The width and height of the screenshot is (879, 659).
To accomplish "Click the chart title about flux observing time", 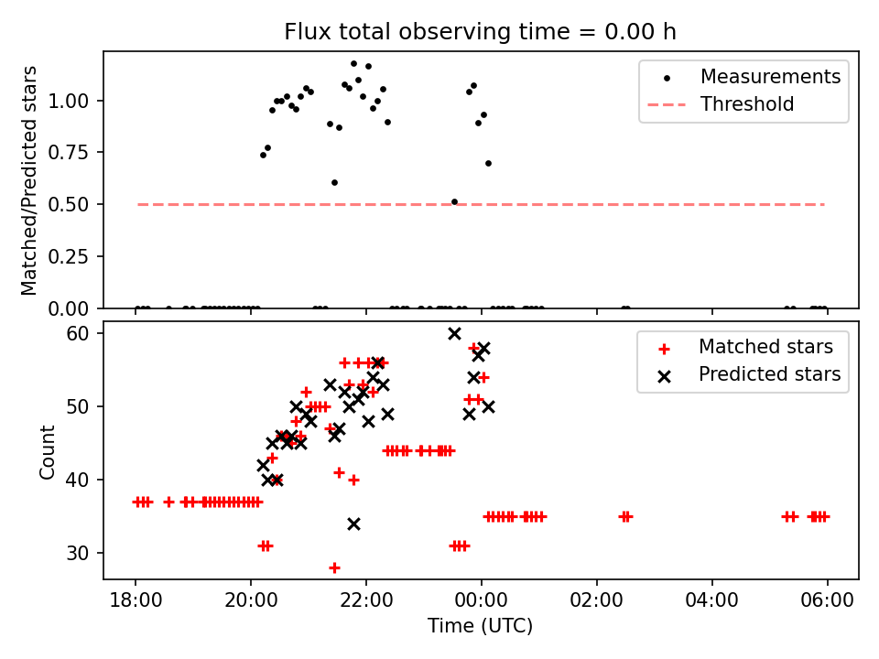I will [x=480, y=32].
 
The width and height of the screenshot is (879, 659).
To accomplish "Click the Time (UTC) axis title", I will [x=480, y=627].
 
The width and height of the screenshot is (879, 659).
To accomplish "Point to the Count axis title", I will [x=47, y=450].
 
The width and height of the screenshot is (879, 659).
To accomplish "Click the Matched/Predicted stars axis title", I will [x=29, y=179].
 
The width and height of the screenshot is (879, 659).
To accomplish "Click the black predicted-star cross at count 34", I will [x=353, y=524].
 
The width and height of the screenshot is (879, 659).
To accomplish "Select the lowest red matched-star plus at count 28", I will [x=334, y=567].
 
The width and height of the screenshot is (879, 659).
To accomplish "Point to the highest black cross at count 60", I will [x=454, y=333].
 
